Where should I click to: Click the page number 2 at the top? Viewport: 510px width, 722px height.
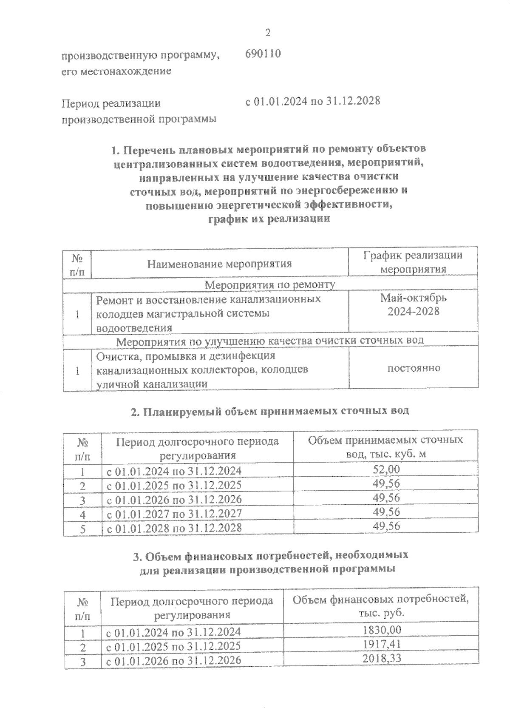pos(267,33)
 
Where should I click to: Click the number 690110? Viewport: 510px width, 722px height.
pos(263,54)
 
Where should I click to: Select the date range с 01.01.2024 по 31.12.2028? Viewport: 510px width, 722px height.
pos(312,101)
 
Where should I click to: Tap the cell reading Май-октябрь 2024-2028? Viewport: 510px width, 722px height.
pos(413,305)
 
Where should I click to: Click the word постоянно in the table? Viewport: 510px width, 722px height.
pos(414,368)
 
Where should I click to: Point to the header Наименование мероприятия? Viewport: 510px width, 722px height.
pos(219,264)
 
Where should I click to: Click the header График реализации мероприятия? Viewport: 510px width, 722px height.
pos(413,262)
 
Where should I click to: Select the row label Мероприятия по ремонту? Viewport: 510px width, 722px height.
pos(270,284)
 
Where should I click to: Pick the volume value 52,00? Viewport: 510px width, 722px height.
pos(386,469)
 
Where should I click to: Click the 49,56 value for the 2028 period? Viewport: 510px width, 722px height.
pos(386,526)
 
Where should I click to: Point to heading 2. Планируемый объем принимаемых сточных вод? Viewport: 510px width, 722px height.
pos(269,411)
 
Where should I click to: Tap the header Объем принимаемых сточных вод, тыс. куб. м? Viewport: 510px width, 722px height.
pos(385,446)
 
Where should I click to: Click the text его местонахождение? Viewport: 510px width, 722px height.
pos(116,71)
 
